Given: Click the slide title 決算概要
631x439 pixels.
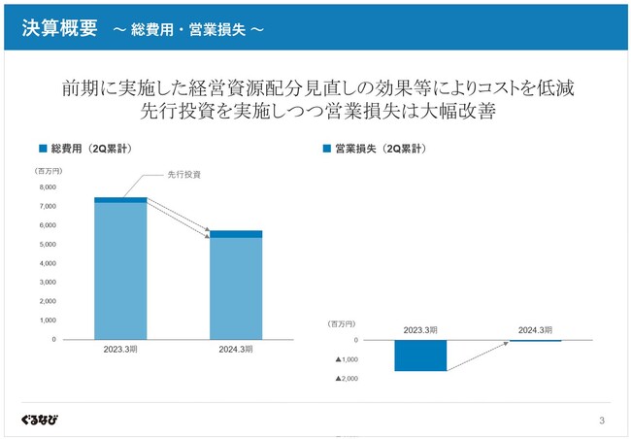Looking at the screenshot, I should [x=60, y=28].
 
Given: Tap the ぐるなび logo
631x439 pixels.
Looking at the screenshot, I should [x=39, y=420].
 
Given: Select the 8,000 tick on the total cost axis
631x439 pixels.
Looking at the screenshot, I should [x=47, y=187].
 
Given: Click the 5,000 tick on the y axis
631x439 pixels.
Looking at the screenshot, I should [x=47, y=245].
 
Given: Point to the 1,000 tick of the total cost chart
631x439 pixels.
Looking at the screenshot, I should [x=47, y=321].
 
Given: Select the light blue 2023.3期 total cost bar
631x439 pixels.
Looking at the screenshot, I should [x=120, y=272].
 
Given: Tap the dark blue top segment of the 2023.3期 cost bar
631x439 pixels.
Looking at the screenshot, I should [x=120, y=200].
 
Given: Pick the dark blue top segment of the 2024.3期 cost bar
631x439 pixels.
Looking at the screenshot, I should [x=236, y=234].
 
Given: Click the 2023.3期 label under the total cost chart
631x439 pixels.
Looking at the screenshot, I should [x=120, y=350].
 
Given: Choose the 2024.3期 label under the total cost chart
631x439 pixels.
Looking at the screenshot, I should [x=236, y=350].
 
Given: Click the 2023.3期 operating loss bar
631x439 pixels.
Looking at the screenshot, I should [x=419, y=355].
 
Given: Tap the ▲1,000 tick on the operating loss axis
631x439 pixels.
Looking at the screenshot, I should [x=347, y=359].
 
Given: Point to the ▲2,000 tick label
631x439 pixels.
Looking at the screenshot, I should [x=347, y=379].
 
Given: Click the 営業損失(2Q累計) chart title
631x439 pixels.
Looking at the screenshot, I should [x=380, y=150].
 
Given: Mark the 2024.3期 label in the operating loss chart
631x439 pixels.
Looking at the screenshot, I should [x=535, y=330].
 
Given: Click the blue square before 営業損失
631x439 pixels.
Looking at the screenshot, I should [x=325, y=150].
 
